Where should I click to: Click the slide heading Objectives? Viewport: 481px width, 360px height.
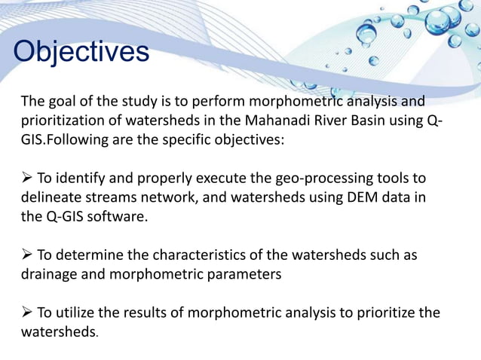(x=81, y=52)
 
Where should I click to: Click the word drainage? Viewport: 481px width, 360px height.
(x=48, y=275)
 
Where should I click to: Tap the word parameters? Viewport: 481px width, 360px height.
(x=244, y=275)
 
